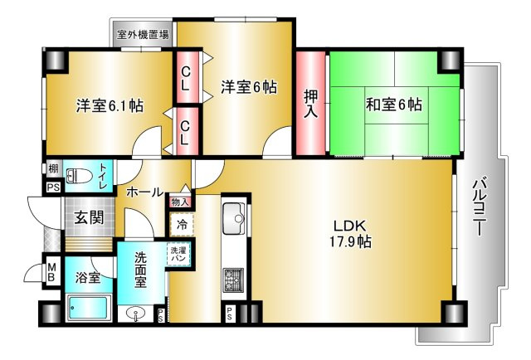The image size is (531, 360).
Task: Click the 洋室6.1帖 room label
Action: point(110,105)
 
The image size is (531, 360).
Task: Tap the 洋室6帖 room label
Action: point(248,85)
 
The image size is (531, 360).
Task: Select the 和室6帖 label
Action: point(393,105)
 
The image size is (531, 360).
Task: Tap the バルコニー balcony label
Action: point(479,207)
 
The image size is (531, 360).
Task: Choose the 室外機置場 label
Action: point(143,35)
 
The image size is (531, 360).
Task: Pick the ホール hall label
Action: point(144,192)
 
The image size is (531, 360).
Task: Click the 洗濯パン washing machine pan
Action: point(179,255)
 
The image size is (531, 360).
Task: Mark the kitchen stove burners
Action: point(232,280)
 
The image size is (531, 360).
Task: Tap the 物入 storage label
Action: point(181,202)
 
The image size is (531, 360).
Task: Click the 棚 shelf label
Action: point(53,170)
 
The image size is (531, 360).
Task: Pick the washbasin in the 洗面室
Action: point(135,314)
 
